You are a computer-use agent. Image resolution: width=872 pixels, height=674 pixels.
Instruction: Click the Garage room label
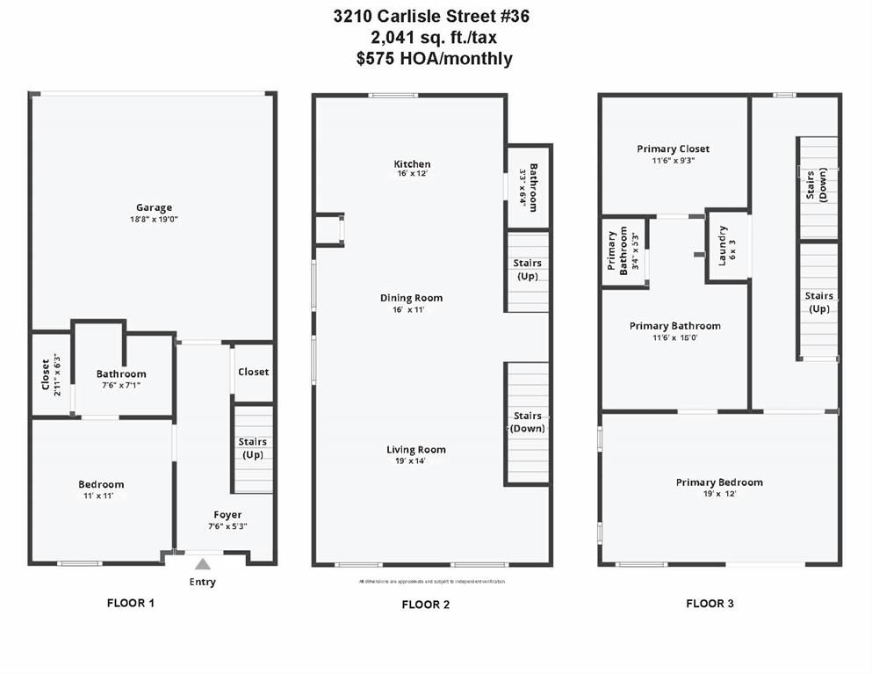click(x=153, y=207)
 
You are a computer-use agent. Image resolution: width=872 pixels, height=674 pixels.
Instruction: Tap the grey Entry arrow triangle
click(x=203, y=564)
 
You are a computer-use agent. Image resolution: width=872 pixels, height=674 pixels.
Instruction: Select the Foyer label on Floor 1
click(x=227, y=515)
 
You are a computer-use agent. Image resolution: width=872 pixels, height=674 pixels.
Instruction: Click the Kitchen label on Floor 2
click(x=412, y=164)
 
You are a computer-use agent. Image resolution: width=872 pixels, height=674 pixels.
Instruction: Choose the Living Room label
click(x=416, y=450)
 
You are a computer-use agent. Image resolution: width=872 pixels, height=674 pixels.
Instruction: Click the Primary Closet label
click(x=674, y=149)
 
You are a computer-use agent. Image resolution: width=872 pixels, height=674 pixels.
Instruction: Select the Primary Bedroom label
click(x=719, y=482)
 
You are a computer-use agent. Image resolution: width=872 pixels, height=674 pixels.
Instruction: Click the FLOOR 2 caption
click(x=426, y=605)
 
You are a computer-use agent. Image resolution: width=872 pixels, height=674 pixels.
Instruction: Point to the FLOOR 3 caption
click(x=710, y=604)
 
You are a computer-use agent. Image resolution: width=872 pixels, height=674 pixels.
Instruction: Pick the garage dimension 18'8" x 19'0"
click(x=153, y=219)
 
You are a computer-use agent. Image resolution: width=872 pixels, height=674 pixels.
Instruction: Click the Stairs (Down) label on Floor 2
click(x=527, y=422)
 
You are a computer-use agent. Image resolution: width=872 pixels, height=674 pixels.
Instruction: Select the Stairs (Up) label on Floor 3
click(x=819, y=302)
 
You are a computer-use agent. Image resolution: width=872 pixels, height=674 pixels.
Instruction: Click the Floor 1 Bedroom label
click(x=101, y=484)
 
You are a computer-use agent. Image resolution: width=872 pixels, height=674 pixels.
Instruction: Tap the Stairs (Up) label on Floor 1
click(x=253, y=448)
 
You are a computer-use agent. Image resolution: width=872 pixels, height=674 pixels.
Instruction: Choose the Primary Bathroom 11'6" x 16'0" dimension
click(x=675, y=337)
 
